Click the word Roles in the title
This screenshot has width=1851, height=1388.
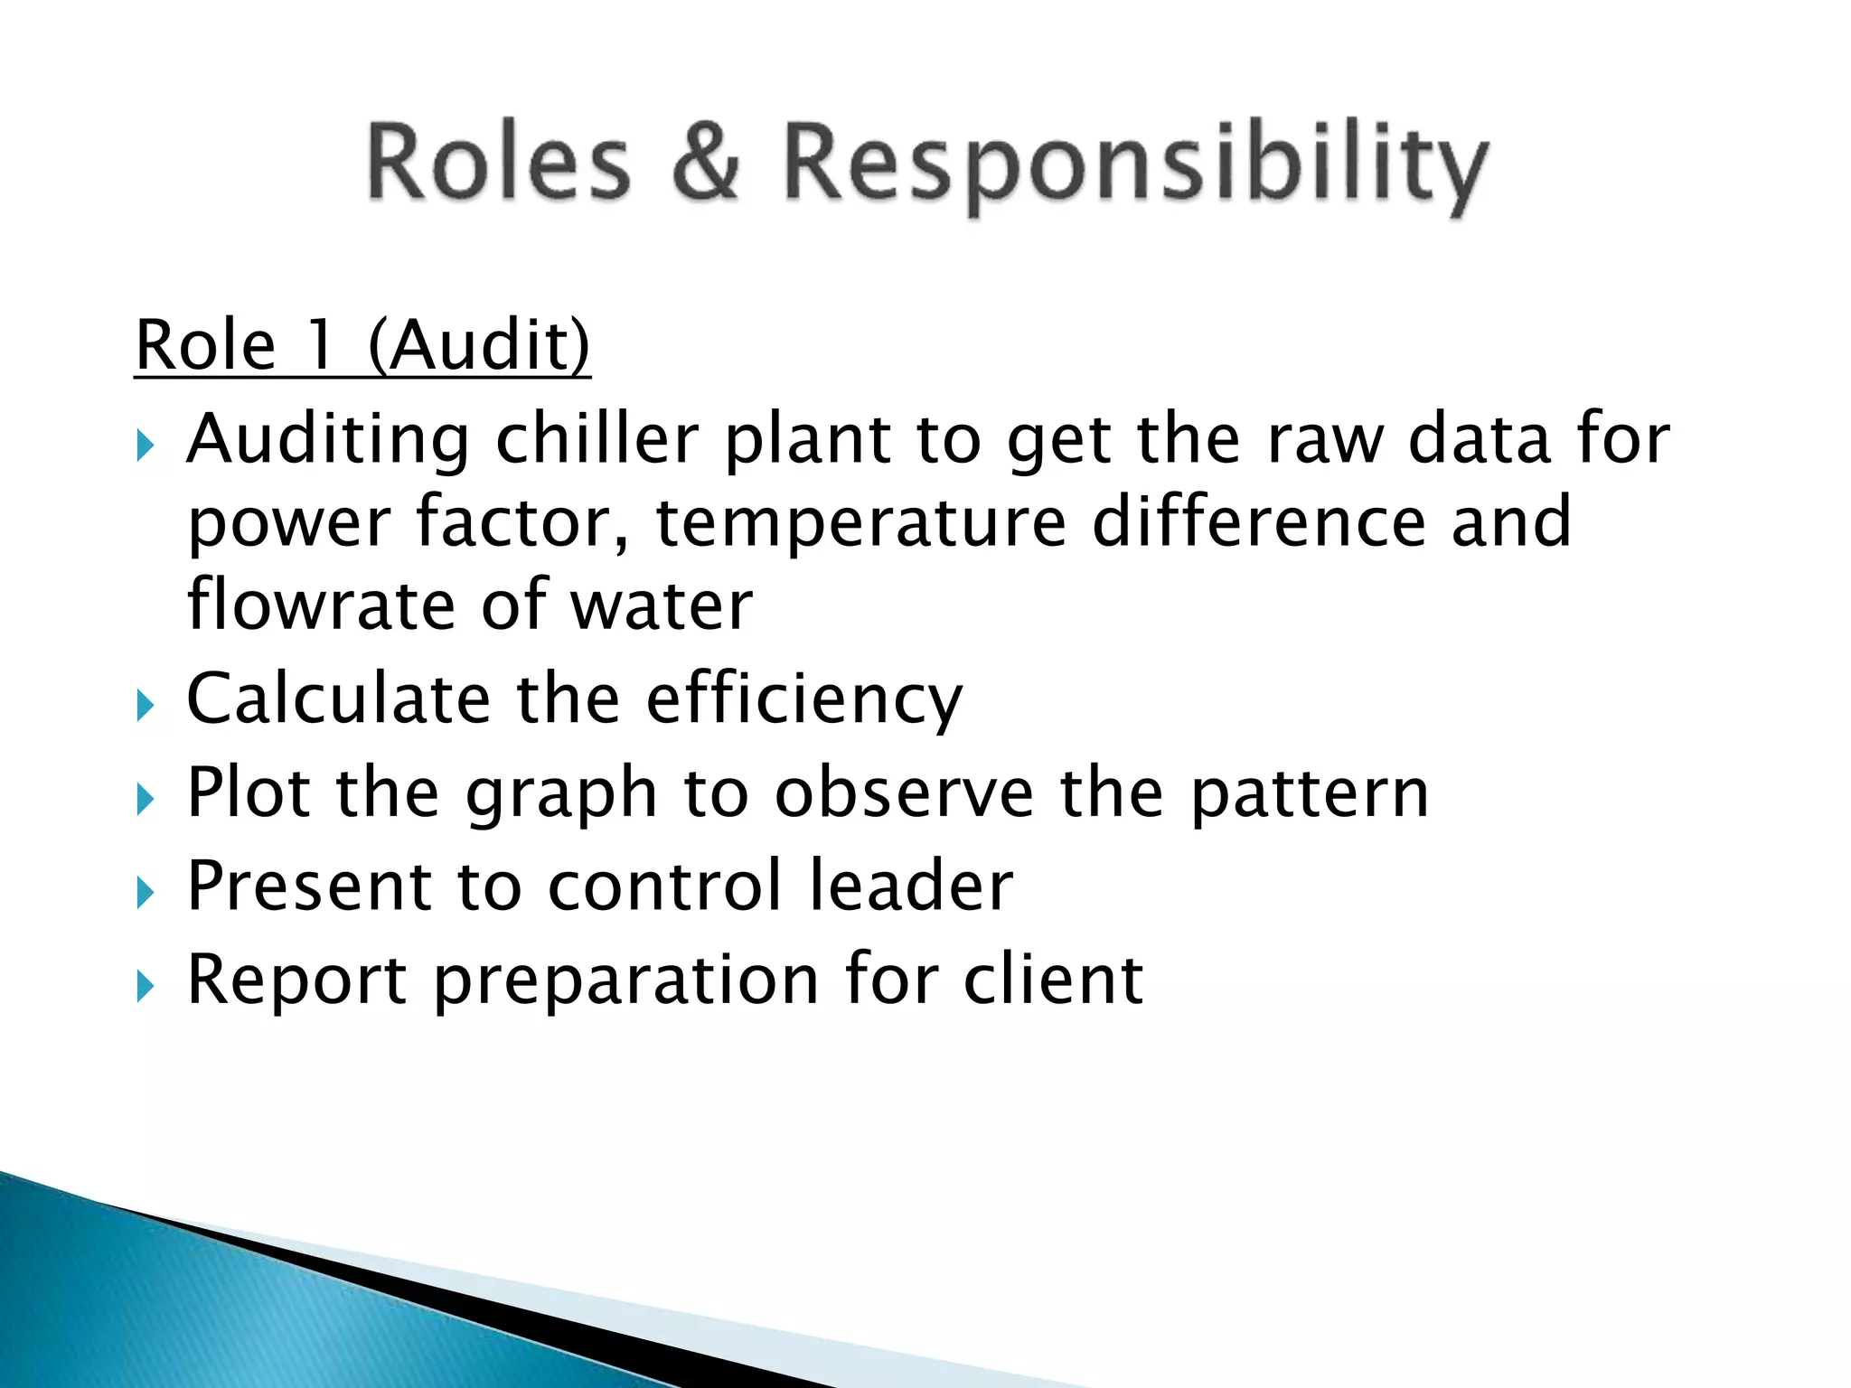point(498,163)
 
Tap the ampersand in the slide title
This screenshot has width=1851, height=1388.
point(706,163)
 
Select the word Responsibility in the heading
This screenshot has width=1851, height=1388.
point(1134,167)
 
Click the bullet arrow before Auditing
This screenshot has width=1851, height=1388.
point(146,445)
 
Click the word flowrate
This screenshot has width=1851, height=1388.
point(321,605)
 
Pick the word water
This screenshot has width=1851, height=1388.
point(662,606)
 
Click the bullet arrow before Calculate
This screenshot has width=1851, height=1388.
point(146,706)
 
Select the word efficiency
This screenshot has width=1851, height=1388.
point(804,701)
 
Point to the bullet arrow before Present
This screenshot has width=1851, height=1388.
point(146,893)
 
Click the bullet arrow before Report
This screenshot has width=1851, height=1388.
point(146,987)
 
